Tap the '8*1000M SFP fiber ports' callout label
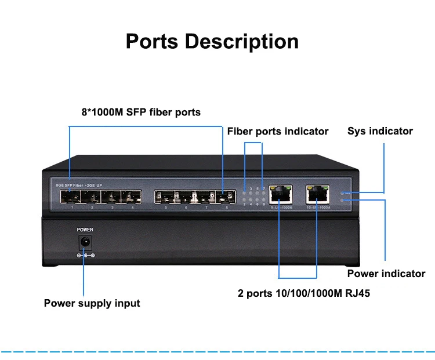(x=141, y=112)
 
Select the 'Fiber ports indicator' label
(x=278, y=132)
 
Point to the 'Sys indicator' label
(x=380, y=131)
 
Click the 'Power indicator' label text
(x=386, y=274)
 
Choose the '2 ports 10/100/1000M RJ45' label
(x=304, y=293)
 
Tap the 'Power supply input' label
(x=92, y=303)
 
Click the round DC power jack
(x=85, y=242)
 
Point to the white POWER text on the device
(x=85, y=230)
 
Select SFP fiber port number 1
(x=70, y=197)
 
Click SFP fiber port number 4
(x=131, y=197)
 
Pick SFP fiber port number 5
(x=164, y=197)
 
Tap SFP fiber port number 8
(x=225, y=197)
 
